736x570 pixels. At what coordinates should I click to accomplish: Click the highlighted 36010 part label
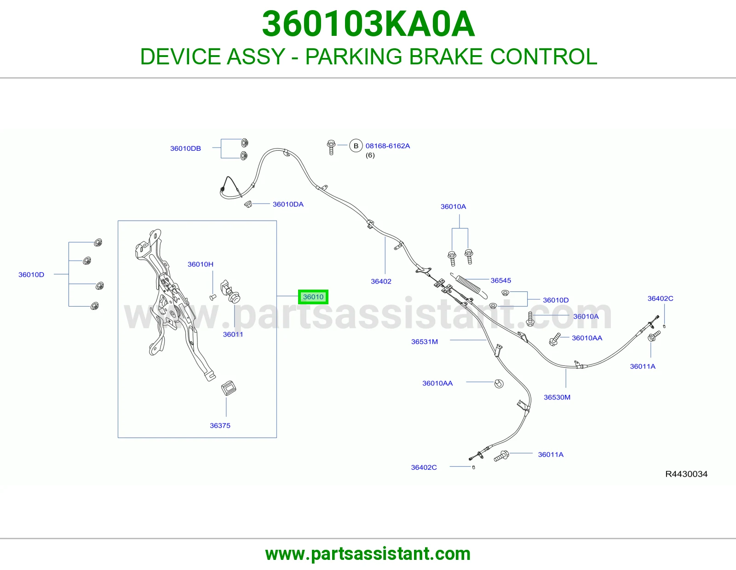pyautogui.click(x=313, y=297)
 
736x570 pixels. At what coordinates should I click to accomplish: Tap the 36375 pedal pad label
pyautogui.click(x=220, y=426)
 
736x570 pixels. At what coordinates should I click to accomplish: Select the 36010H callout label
pyautogui.click(x=201, y=264)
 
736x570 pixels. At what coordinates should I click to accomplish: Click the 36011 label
pyautogui.click(x=233, y=335)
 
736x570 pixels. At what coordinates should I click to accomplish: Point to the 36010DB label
pyautogui.click(x=185, y=148)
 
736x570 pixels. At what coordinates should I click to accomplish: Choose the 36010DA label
pyautogui.click(x=288, y=204)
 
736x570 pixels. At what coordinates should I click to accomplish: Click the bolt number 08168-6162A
pyautogui.click(x=388, y=146)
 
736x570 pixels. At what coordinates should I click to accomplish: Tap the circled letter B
pyautogui.click(x=356, y=146)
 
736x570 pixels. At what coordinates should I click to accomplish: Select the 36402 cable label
pyautogui.click(x=381, y=281)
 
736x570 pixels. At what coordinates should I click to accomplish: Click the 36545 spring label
pyautogui.click(x=501, y=280)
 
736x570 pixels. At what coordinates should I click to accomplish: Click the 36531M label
pyautogui.click(x=425, y=342)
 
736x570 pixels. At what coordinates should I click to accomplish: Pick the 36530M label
pyautogui.click(x=557, y=397)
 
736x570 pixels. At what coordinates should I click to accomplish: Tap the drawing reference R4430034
pyautogui.click(x=686, y=474)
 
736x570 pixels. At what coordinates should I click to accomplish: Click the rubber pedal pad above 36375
pyautogui.click(x=229, y=388)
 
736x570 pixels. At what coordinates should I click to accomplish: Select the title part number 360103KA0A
pyautogui.click(x=368, y=24)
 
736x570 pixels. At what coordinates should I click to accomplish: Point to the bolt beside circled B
pyautogui.click(x=331, y=147)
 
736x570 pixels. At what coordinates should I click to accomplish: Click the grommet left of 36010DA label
pyautogui.click(x=248, y=204)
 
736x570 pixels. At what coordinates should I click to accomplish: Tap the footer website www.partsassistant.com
pyautogui.click(x=368, y=554)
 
